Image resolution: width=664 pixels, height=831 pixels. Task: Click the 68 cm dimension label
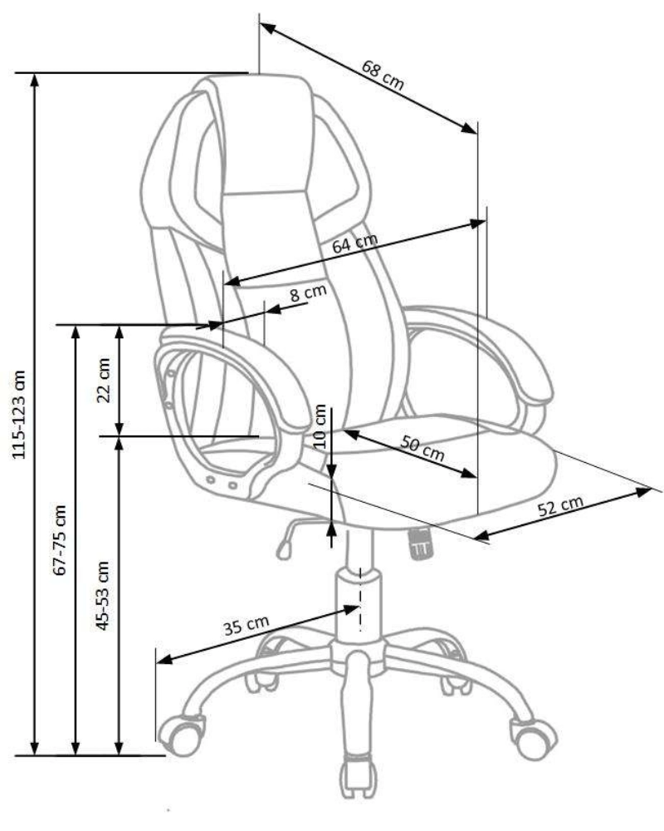[383, 75]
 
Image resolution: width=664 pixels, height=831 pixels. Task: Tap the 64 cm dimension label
[354, 243]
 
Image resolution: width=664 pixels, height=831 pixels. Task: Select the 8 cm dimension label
[308, 293]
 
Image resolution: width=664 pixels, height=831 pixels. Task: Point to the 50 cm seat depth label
[422, 448]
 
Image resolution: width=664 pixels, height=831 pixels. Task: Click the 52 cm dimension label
[560, 505]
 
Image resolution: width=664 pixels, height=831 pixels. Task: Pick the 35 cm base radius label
[247, 625]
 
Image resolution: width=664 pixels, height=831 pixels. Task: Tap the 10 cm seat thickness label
[320, 426]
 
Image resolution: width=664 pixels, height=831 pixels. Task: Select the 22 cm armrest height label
[104, 380]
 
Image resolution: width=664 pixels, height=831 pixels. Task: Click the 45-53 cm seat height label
[102, 596]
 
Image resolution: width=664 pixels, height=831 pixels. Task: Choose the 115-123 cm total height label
[19, 415]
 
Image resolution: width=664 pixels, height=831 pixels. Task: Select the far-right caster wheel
[533, 739]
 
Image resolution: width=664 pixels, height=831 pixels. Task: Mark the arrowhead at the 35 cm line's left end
[166, 659]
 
